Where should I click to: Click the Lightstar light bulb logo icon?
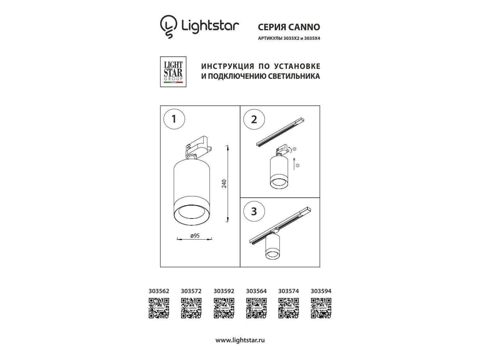pos(168,26)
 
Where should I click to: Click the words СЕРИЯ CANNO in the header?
pos(289,27)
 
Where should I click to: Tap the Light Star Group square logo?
pos(173,72)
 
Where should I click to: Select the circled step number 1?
pos(174,119)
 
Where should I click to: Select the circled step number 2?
pos(254,119)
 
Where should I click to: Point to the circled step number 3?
pos(254,212)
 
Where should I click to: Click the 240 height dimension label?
pos(224,184)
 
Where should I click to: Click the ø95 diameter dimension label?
pos(195,236)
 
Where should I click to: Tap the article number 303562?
pos(159,291)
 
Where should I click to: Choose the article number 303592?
pos(224,291)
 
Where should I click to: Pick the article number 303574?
pos(288,291)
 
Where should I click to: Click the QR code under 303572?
pos(191,308)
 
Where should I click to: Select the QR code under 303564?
pos(256,308)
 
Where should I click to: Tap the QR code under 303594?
pos(321,308)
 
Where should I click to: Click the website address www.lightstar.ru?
pos(240,340)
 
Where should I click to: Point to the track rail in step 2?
pos(280,132)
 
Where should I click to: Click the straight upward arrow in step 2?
pos(294,164)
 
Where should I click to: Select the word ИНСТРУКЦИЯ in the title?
pos(228,66)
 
